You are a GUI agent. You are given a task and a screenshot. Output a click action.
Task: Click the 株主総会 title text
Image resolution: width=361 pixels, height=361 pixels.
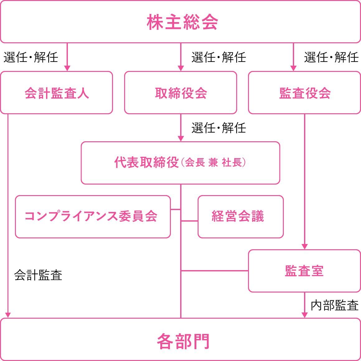tap(182, 22)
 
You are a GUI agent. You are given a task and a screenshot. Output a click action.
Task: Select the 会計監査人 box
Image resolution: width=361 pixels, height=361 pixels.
tap(57, 93)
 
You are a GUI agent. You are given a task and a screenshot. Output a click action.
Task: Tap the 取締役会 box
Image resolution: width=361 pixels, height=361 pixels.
tap(181, 93)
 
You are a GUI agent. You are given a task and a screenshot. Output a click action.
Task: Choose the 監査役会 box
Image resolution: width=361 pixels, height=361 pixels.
tap(305, 93)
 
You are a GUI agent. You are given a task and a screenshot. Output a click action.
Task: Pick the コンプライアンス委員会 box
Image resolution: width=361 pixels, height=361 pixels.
tap(93, 217)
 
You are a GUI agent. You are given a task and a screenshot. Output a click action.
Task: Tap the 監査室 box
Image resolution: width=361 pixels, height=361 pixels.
tap(304, 271)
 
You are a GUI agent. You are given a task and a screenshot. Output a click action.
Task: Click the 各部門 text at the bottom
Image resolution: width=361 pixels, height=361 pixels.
tap(183, 341)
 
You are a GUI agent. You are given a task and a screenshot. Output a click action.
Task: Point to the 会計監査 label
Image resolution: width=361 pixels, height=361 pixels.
tap(38, 275)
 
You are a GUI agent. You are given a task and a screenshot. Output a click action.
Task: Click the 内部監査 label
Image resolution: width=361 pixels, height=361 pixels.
tap(335, 305)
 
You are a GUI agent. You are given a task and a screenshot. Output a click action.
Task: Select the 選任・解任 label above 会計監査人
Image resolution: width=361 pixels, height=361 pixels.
tap(31, 57)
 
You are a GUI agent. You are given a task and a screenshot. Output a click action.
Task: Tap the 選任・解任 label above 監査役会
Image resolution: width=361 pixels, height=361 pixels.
tap(331, 57)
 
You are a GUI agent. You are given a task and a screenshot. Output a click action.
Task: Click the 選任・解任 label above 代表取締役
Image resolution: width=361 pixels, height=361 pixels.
tap(219, 128)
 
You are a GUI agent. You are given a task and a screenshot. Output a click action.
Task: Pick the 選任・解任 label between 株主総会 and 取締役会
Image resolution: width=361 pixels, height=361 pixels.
tap(219, 57)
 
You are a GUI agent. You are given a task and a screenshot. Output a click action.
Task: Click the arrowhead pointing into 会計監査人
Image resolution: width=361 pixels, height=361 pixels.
tap(67, 68)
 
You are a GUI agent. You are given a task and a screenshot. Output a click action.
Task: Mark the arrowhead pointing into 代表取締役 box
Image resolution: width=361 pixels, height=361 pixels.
tap(181, 138)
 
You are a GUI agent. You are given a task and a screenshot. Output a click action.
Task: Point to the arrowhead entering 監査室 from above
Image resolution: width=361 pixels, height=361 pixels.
tap(305, 246)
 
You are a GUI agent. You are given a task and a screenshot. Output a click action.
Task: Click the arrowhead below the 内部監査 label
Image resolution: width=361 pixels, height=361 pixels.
tap(305, 315)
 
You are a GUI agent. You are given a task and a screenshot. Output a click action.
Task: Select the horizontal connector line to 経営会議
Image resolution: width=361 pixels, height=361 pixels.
tap(190, 221)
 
